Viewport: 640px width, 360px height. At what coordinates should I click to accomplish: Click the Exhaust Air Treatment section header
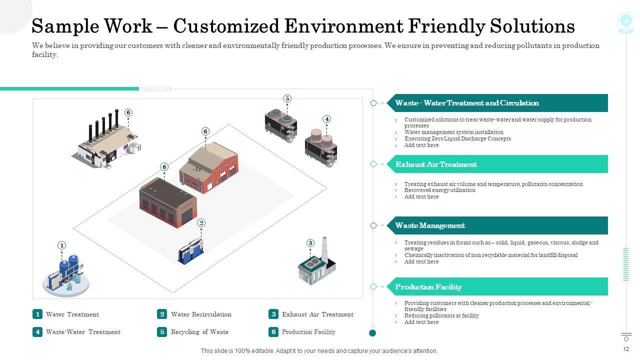pos(497,164)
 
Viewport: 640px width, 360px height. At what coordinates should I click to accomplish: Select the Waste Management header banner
pos(497,225)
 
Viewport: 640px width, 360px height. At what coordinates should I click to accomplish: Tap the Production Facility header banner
pos(497,286)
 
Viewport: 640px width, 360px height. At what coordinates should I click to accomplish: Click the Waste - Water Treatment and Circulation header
pos(497,103)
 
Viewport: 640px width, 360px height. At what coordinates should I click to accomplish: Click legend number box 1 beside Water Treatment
pos(37,314)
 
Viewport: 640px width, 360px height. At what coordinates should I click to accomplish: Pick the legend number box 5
pos(162,331)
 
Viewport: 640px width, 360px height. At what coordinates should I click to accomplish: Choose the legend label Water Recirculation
pos(201,314)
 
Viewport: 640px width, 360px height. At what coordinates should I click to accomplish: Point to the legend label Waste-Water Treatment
pos(83,332)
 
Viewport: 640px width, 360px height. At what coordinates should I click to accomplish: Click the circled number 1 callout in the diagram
pos(62,245)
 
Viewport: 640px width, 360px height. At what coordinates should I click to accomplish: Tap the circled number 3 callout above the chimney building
pos(310,243)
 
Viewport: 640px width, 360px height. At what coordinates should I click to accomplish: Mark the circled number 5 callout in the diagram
pos(287,98)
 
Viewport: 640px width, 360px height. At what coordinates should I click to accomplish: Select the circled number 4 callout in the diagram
pos(326,119)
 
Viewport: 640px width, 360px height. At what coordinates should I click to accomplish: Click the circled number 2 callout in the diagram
pos(201,223)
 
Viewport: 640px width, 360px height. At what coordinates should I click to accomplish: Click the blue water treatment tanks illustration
pos(67,275)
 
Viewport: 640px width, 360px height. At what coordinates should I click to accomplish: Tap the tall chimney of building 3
pos(324,248)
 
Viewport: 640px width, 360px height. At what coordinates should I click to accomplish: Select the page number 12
pos(626,349)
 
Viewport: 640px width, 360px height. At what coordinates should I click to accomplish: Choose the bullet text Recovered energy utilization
pos(439,190)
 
